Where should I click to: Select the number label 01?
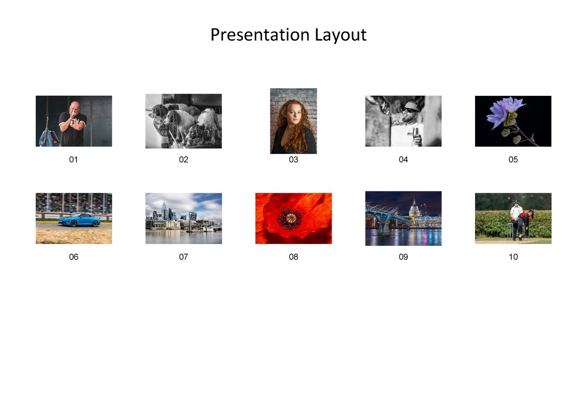(x=74, y=159)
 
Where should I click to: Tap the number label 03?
(x=293, y=159)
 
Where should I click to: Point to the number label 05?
(x=513, y=159)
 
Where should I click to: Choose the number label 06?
(x=74, y=257)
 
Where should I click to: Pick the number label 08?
(x=293, y=257)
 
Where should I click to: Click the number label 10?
(x=513, y=257)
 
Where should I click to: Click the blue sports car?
(x=79, y=220)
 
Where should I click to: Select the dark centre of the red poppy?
(x=290, y=218)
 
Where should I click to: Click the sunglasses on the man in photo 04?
(x=410, y=110)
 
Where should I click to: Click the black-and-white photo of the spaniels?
(x=183, y=121)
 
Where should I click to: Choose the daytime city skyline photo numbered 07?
(x=183, y=218)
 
